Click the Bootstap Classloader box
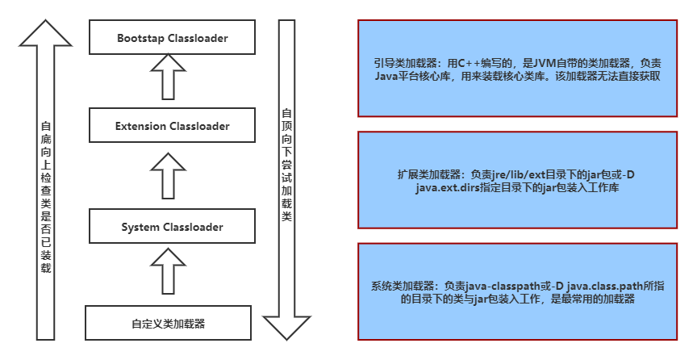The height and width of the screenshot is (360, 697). tap(172, 38)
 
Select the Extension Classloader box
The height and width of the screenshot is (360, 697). tap(172, 126)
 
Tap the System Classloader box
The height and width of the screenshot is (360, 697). tap(172, 228)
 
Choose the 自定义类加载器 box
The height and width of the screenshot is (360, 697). tap(169, 324)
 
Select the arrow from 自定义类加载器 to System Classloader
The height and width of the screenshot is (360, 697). tap(169, 271)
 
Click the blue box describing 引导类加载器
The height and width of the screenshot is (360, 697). tap(517, 69)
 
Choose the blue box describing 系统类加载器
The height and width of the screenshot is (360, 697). tap(517, 291)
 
